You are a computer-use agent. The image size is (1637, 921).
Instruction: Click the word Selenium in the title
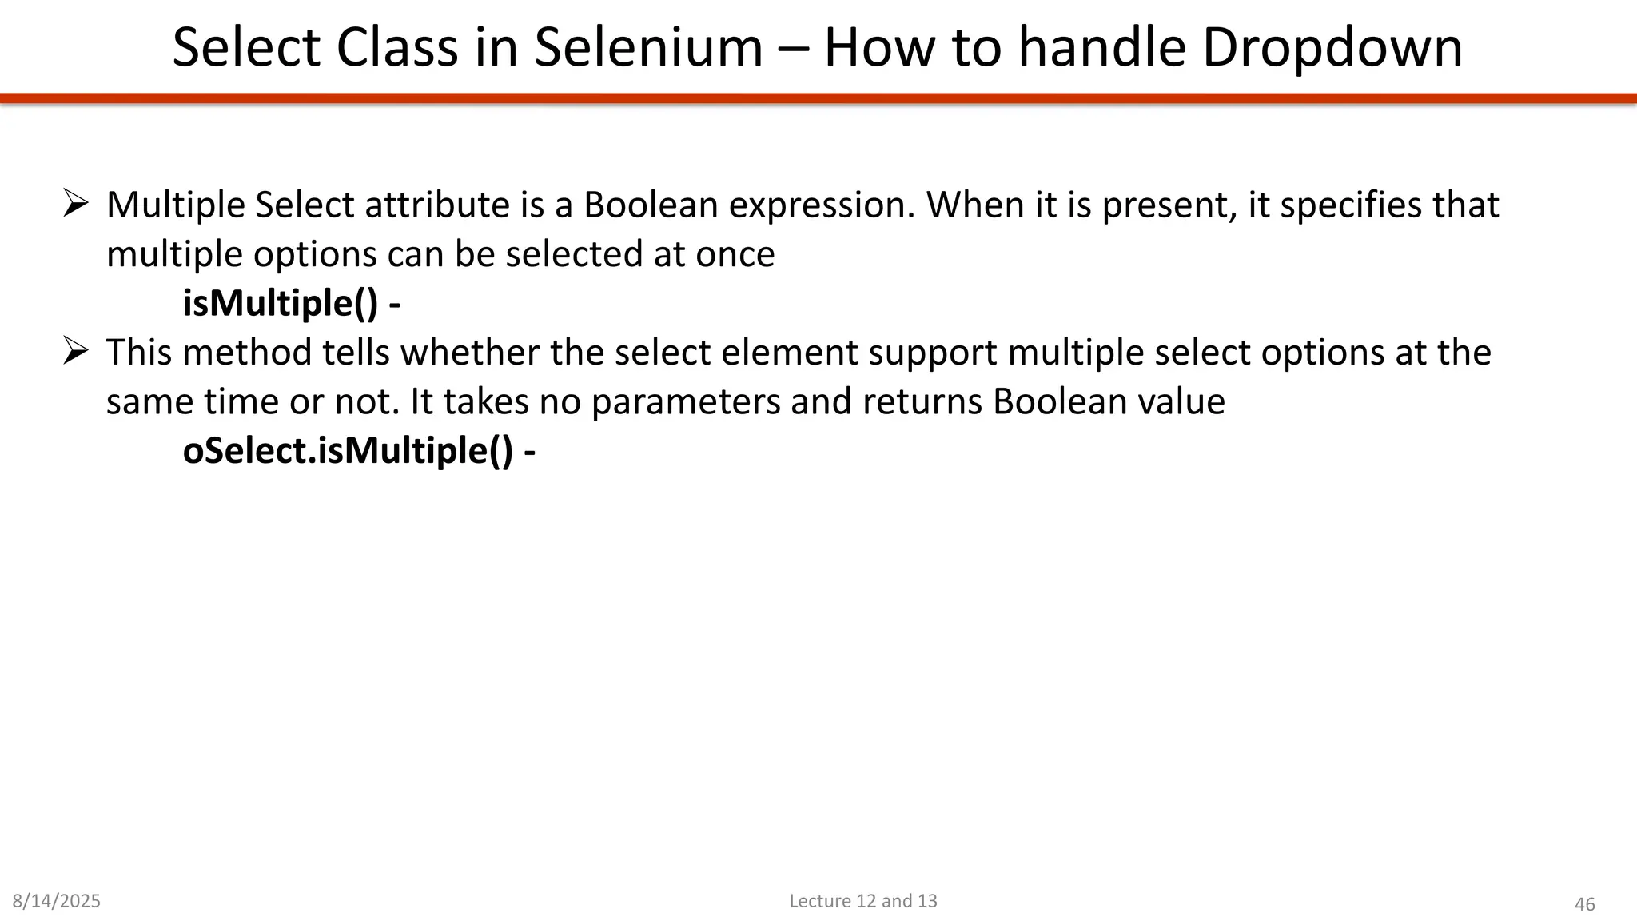coord(648,48)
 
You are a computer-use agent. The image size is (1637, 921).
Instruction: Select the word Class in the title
coord(397,48)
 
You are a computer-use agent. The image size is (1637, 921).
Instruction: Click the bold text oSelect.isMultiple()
coord(348,451)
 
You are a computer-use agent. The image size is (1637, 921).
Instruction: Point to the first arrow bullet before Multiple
coord(75,204)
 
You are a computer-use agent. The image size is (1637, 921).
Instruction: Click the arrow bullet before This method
coord(75,351)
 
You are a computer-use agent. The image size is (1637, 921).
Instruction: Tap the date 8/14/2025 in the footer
coord(57,901)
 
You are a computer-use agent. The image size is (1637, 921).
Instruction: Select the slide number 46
coord(1584,904)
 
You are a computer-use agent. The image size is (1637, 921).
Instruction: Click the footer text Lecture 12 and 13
coord(863,901)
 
